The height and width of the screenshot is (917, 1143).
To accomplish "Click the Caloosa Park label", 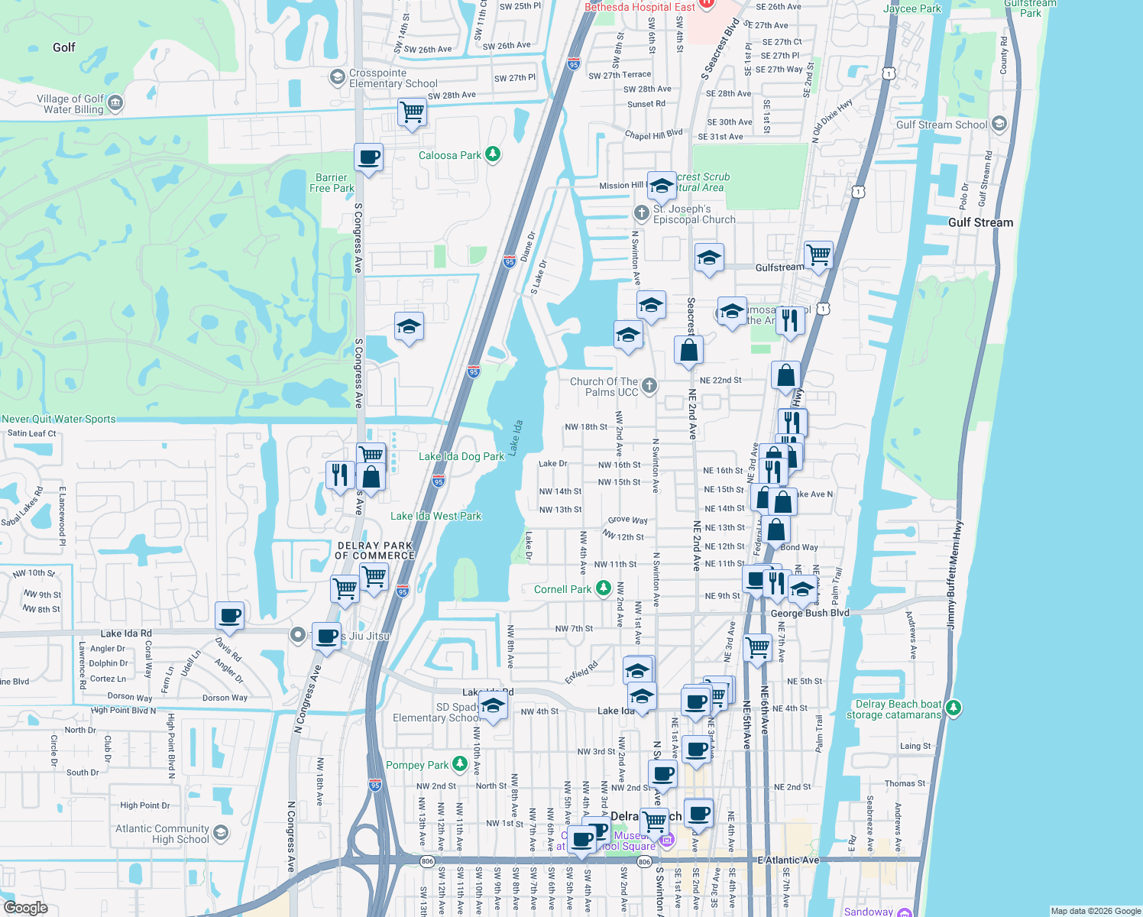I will tap(449, 155).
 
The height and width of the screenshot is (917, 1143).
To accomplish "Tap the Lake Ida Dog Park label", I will tap(461, 456).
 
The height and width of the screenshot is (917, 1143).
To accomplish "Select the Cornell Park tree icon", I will tap(604, 588).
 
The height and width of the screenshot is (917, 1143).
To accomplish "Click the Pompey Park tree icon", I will tap(459, 763).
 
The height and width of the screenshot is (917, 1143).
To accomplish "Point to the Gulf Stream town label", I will tap(980, 222).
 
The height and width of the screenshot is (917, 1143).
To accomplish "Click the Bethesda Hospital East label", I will tap(639, 7).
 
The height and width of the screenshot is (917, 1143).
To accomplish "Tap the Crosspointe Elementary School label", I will tap(393, 78).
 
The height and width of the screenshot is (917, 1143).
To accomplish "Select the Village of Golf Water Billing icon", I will tap(115, 102).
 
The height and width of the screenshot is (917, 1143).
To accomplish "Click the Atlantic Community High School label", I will tap(162, 834).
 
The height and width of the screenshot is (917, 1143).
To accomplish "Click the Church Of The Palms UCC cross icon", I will tap(649, 385).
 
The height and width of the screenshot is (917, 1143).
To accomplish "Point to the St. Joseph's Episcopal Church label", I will tap(694, 214).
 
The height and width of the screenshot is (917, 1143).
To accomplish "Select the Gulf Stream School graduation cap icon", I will tap(999, 124).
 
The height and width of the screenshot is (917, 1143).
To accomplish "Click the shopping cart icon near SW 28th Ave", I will tap(412, 112).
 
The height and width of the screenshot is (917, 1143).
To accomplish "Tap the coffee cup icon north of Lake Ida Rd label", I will tap(229, 615).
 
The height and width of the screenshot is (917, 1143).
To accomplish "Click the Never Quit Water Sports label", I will tap(58, 419).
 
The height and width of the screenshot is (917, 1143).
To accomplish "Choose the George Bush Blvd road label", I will tap(810, 613).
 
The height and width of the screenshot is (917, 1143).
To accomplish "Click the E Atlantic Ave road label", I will tap(788, 860).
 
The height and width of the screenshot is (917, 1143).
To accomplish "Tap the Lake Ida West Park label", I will tap(436, 516).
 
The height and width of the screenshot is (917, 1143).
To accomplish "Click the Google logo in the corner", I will tap(25, 908).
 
